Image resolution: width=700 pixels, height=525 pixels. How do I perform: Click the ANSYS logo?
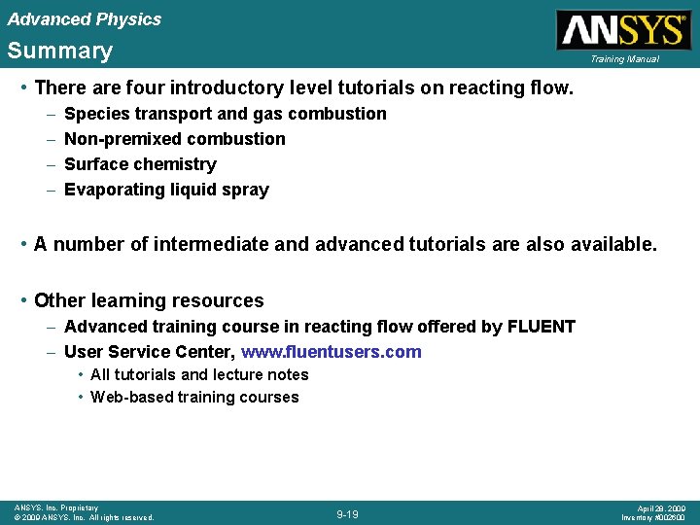tap(622, 29)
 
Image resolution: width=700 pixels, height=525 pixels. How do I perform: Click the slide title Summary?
tap(60, 51)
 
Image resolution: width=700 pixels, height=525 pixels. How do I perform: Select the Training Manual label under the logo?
tap(623, 59)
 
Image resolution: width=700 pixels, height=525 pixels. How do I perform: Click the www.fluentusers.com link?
tap(332, 352)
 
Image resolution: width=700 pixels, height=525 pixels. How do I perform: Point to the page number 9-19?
tap(348, 513)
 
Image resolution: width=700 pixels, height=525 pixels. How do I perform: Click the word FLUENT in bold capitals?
tap(542, 327)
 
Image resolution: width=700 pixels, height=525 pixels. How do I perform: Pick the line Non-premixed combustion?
tap(175, 139)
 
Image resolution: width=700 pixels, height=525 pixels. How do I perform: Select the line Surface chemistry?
tap(140, 164)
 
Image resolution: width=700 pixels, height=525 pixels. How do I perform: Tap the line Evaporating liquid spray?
tap(166, 190)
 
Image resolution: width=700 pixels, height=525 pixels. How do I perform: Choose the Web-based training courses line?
tap(194, 397)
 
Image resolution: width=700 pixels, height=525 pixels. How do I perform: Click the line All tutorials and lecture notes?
tap(199, 374)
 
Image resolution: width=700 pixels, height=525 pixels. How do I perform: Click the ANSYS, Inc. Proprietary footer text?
tap(56, 507)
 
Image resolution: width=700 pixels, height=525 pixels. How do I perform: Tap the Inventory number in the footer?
tap(654, 517)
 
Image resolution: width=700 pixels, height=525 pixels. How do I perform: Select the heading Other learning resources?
tap(149, 300)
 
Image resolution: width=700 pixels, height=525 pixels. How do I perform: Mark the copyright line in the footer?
tap(85, 517)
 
